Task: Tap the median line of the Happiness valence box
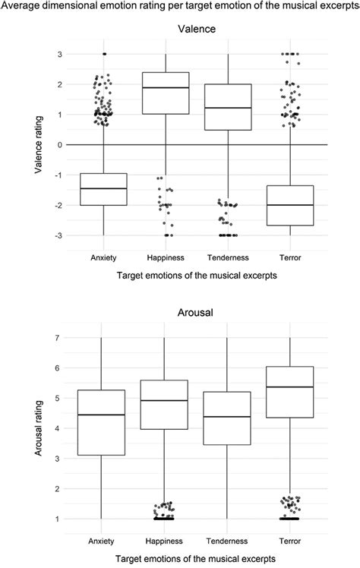point(165,87)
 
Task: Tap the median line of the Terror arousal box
point(289,387)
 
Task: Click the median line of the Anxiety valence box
point(103,188)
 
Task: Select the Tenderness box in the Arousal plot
point(227,429)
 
